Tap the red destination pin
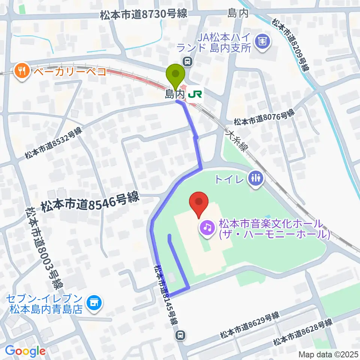199,204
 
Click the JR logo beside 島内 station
195,93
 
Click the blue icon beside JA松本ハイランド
261,40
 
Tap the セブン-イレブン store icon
94,303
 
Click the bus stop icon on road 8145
180,335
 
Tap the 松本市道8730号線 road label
143,15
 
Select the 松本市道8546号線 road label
90,202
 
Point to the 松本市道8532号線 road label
53,143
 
